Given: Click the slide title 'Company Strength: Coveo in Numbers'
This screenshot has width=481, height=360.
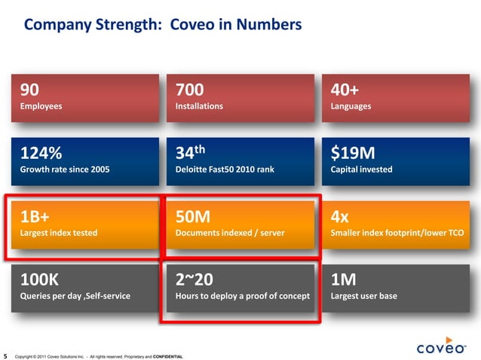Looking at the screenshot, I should (163, 25).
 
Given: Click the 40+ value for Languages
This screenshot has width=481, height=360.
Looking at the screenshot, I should (345, 90).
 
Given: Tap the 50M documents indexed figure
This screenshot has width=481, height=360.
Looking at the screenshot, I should (192, 216).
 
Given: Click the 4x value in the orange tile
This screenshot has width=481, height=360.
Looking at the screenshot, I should (339, 216).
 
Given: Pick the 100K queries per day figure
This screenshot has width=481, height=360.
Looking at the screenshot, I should (41, 279).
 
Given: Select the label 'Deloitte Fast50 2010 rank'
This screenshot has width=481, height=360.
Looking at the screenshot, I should (224, 169).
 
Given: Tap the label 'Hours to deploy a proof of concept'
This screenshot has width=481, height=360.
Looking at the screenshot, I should (242, 296).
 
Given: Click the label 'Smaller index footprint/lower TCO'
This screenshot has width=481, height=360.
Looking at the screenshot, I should (397, 233).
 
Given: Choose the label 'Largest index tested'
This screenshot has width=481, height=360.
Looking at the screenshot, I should (59, 233).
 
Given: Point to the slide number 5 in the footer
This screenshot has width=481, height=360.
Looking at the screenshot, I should (6, 355).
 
